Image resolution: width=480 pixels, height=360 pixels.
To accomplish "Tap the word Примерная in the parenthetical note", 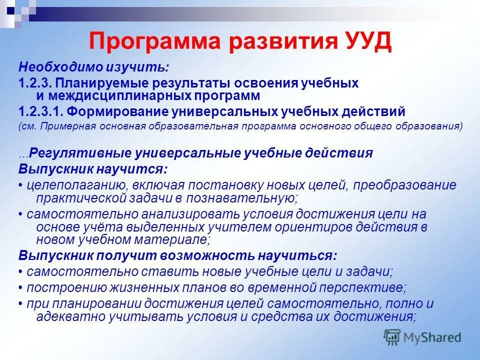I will (x=75, y=126).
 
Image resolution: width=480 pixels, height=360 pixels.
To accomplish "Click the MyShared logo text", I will (x=432, y=337).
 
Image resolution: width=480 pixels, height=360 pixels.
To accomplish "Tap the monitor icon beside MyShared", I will (x=392, y=336).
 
